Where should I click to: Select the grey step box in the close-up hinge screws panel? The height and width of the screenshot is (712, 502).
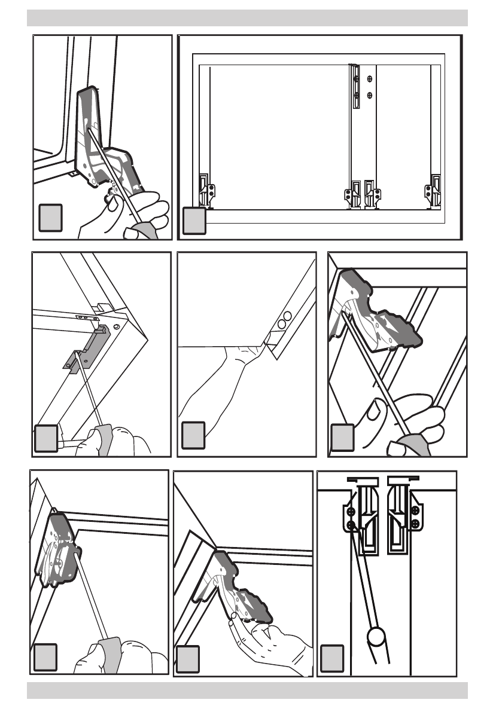coord(333,656)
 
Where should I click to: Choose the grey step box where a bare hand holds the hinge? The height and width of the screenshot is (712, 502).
coord(188,656)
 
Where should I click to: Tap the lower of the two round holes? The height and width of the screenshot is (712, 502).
coord(281,323)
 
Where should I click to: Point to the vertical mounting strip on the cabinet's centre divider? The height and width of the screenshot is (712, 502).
coord(355,86)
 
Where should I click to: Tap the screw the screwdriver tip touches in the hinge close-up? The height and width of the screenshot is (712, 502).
coord(351,525)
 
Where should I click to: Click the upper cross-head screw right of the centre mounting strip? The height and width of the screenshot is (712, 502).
coord(370,78)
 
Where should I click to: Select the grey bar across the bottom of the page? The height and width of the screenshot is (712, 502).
coord(247,690)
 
